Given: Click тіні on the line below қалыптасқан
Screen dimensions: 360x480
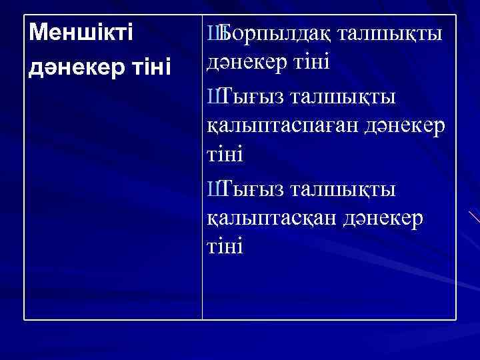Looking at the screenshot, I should coord(225,247).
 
